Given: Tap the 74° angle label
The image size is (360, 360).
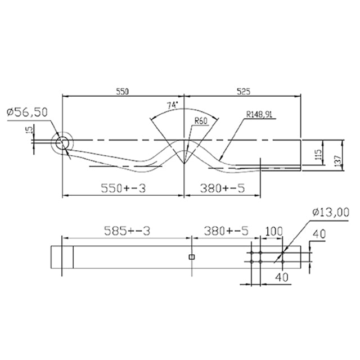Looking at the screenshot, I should (x=172, y=105).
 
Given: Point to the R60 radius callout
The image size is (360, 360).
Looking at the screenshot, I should (x=201, y=120).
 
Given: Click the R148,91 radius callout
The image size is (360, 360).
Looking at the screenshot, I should (x=259, y=114).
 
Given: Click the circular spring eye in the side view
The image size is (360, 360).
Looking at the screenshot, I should (x=62, y=143).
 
